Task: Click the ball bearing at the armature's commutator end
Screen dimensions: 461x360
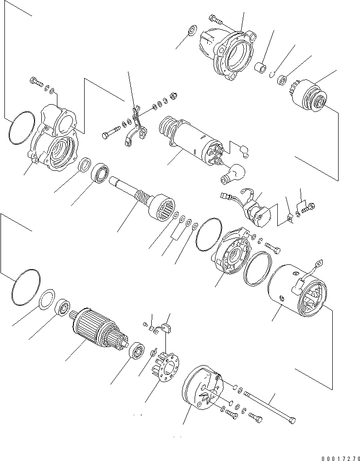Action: point(137,351)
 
